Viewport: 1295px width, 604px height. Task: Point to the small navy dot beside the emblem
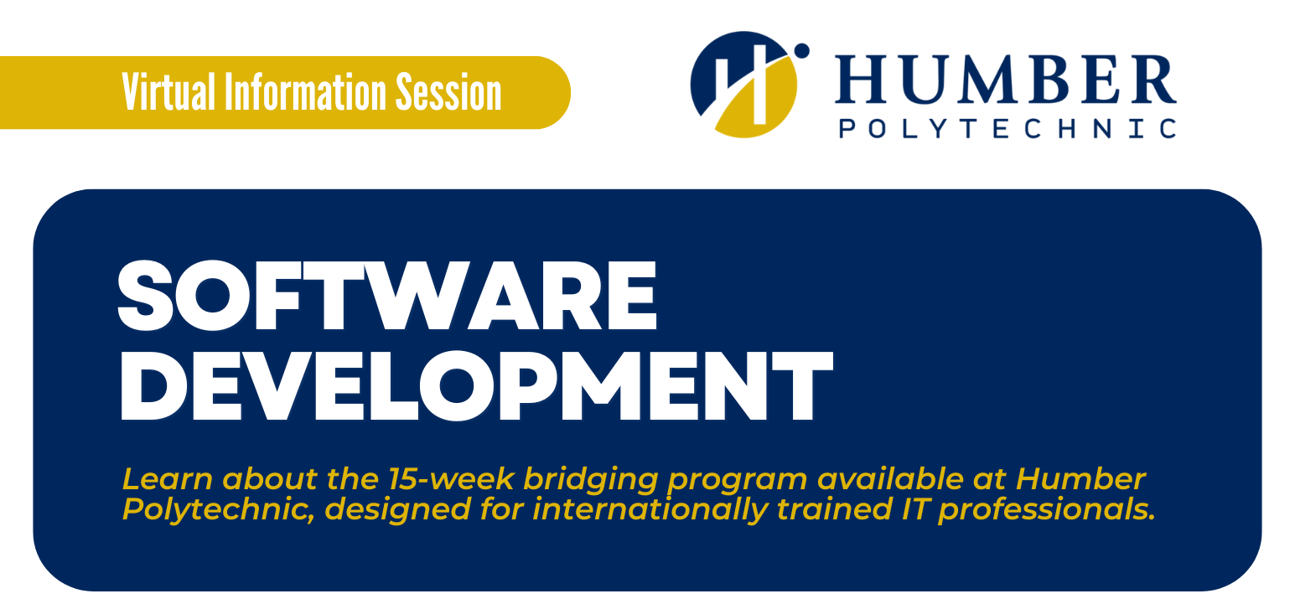coord(801,51)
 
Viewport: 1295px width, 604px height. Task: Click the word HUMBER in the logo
coord(1006,80)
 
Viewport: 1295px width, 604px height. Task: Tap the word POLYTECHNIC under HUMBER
coord(1007,127)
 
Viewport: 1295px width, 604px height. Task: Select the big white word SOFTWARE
coord(386,295)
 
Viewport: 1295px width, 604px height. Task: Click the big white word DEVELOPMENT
coord(476,385)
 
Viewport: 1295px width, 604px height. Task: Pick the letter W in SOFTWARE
coord(417,295)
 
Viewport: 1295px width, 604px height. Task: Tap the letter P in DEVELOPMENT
coord(538,385)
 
